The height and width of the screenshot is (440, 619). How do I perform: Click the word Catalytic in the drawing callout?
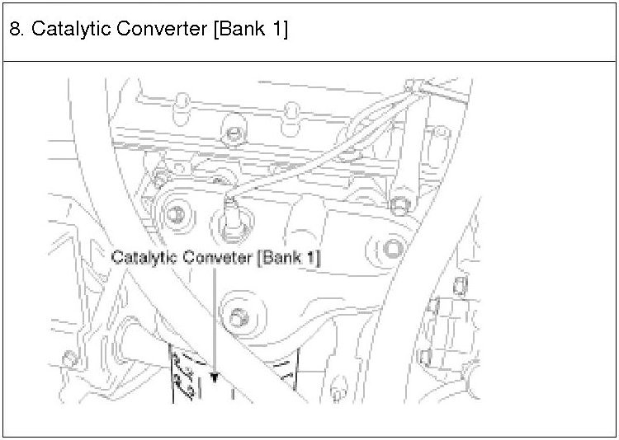(x=143, y=258)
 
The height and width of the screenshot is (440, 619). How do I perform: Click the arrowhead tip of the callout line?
(x=215, y=380)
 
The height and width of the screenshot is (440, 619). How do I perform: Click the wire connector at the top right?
(x=417, y=89)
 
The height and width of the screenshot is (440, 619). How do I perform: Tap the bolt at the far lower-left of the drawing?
(x=69, y=359)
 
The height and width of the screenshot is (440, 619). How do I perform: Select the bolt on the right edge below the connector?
(x=400, y=202)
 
